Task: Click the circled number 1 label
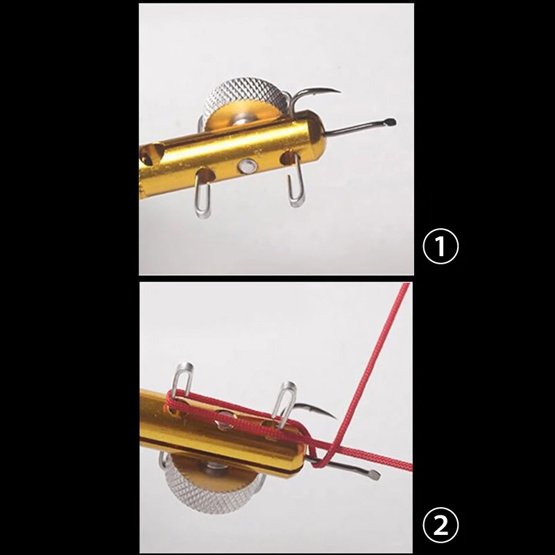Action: click(441, 247)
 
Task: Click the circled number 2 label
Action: click(441, 524)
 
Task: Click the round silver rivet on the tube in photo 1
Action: click(246, 166)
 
